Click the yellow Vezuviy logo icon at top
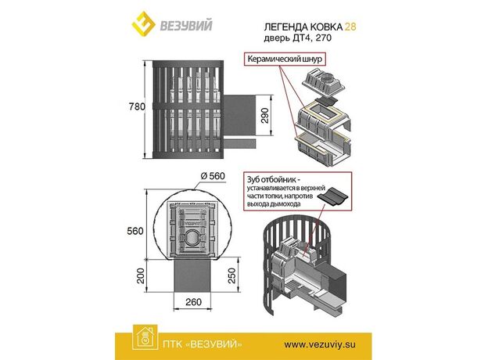[144, 24]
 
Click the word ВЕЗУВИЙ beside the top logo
[186, 25]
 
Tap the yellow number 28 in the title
[350, 27]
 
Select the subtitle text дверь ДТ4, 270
[297, 38]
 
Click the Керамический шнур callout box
[285, 59]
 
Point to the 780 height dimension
[137, 106]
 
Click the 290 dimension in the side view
[264, 116]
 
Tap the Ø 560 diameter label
[213, 176]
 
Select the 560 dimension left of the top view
[135, 231]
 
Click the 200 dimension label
[141, 275]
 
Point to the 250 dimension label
[232, 275]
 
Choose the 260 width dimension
[193, 302]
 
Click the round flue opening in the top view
[193, 239]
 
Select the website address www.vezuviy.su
[320, 344]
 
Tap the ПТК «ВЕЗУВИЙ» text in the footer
[203, 344]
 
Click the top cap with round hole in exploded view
[323, 82]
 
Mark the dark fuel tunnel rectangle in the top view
[193, 276]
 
